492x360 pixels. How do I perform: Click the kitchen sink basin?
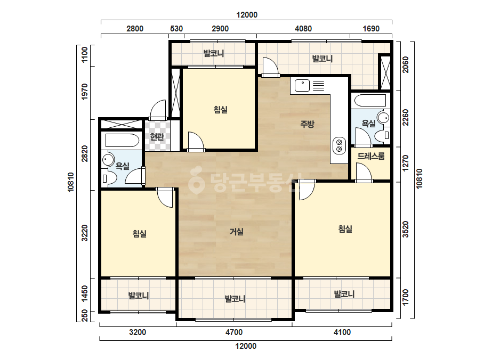302,86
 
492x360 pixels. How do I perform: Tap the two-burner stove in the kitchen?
339,146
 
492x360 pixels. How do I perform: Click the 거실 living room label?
237,232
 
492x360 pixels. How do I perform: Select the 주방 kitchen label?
307,124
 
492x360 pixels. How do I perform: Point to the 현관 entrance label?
157,137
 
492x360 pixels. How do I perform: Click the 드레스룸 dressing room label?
371,156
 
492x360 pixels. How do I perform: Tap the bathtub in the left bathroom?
122,140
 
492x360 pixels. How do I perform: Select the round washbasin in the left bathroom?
108,160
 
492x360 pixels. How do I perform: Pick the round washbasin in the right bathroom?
383,118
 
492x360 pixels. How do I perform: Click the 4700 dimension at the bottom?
234,332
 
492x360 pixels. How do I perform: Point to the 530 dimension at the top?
176,29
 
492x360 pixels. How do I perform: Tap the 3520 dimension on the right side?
406,229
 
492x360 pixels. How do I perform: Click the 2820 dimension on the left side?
85,154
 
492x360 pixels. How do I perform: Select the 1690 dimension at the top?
371,29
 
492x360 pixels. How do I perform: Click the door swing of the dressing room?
364,173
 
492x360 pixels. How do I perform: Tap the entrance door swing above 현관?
158,109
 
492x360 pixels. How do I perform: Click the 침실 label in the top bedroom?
220,110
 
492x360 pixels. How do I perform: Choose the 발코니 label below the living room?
235,299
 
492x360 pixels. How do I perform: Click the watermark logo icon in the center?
196,179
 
